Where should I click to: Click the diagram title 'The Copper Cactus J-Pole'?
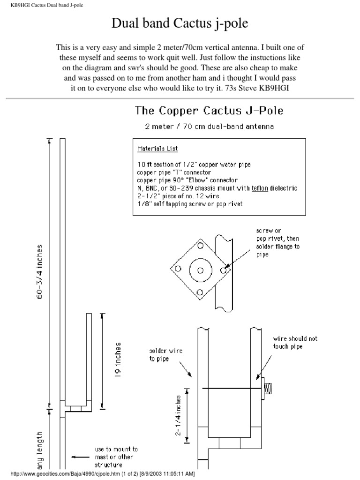209,111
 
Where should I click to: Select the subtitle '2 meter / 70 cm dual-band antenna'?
209,126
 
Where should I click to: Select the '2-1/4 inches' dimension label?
179,414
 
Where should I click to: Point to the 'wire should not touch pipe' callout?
295,343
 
